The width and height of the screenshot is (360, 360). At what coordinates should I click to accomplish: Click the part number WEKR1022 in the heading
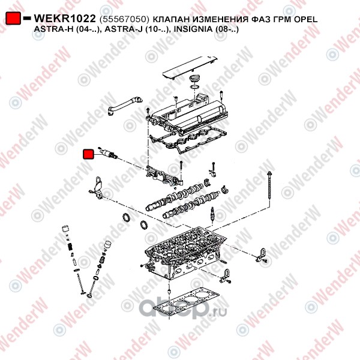[x=65, y=19]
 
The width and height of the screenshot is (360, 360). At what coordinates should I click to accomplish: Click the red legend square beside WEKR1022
[x=13, y=17]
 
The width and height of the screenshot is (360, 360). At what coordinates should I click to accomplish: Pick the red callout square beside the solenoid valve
[x=88, y=154]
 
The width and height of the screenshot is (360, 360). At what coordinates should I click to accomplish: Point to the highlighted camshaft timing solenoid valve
[x=107, y=152]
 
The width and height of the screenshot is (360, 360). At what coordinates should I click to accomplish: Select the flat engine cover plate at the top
[x=190, y=67]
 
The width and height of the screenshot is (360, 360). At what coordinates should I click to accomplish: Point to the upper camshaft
[x=174, y=197]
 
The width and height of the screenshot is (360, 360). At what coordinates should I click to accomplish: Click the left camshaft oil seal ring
[x=126, y=218]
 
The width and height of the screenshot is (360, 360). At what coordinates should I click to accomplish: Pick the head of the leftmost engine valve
[x=82, y=293]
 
